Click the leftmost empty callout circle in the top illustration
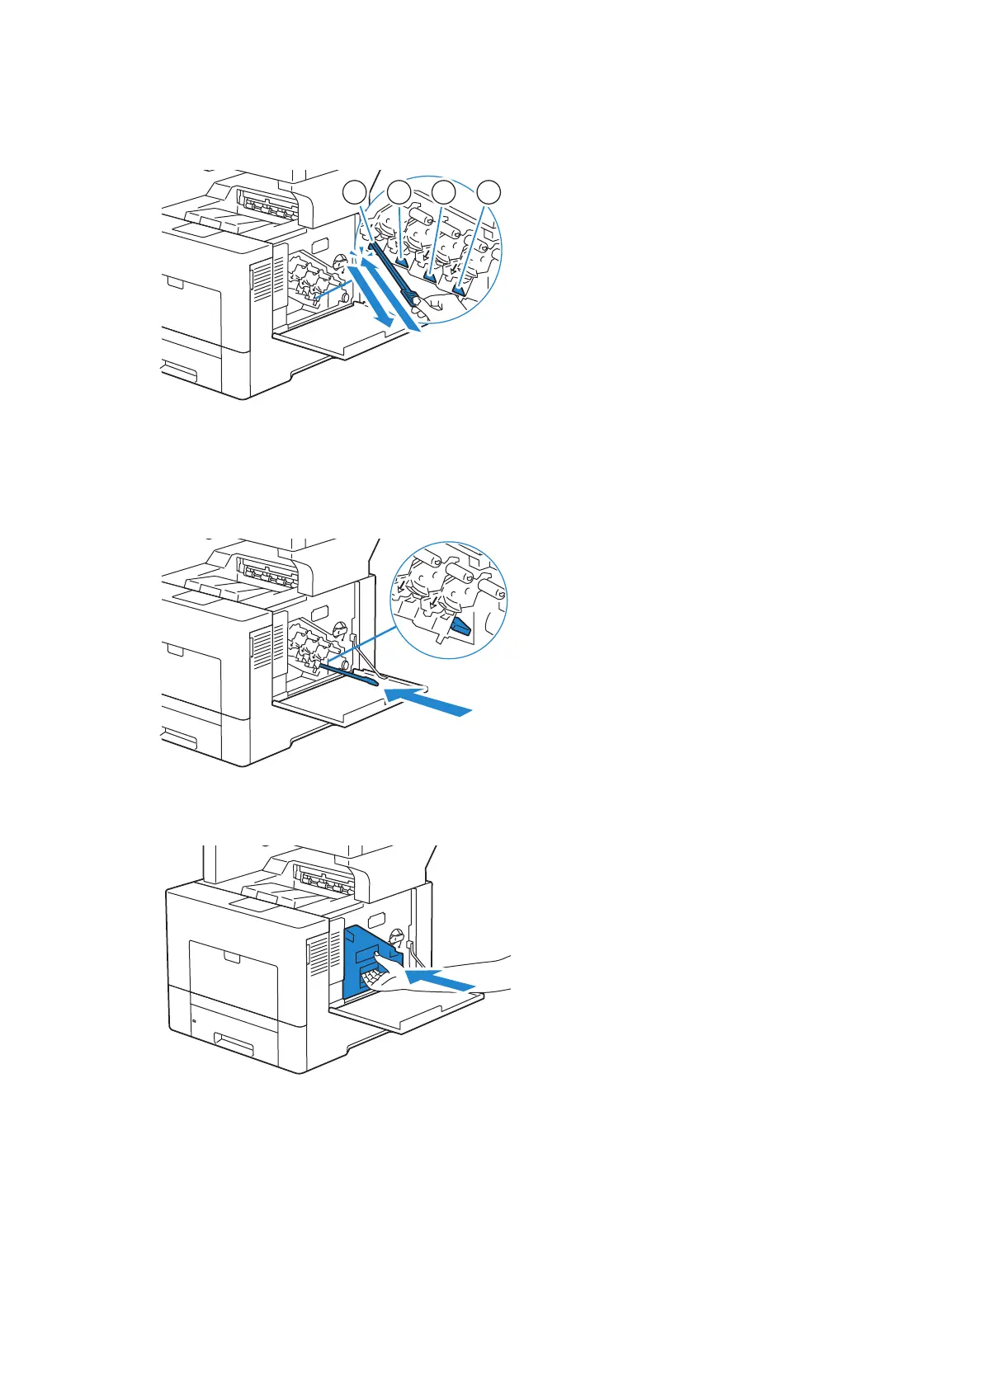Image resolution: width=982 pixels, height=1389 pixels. point(355,194)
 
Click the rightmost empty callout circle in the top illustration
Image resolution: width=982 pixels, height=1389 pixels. point(489,194)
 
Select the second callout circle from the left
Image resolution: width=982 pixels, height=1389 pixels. point(399,194)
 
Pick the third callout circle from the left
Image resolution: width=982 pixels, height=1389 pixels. point(444,194)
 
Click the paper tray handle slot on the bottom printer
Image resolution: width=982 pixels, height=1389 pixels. point(233,1046)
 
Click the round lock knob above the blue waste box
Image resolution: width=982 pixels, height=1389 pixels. point(396,938)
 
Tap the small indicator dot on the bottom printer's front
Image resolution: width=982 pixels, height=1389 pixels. point(193,1021)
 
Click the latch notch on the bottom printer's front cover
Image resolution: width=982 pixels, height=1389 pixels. point(234,957)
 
